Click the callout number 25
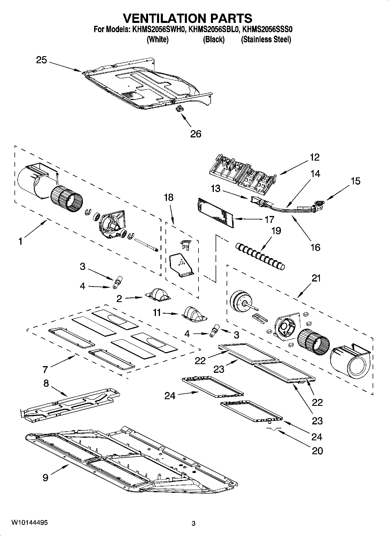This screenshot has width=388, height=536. coord(41,60)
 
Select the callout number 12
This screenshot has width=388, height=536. coord(315,157)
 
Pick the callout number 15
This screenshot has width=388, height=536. coord(356,181)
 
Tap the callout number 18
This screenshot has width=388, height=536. coord(168,197)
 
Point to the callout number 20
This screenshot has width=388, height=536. coord(317,451)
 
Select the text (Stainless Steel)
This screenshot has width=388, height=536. coord(266,40)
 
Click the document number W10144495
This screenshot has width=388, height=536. coord(30,522)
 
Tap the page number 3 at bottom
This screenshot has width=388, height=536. coord(194,524)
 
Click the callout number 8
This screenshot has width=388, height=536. coord(46,384)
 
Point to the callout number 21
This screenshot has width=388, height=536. coord(316,278)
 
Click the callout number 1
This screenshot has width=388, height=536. coord(20,241)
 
